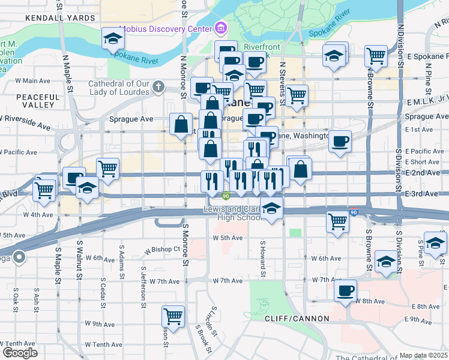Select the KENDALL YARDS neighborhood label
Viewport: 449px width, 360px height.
[60, 18]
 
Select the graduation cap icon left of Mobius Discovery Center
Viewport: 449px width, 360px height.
[112, 39]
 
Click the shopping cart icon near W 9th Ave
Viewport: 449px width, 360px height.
[173, 316]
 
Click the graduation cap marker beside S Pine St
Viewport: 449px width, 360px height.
[435, 242]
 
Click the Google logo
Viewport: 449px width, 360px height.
[20, 352]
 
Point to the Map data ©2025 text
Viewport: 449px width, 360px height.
[423, 355]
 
